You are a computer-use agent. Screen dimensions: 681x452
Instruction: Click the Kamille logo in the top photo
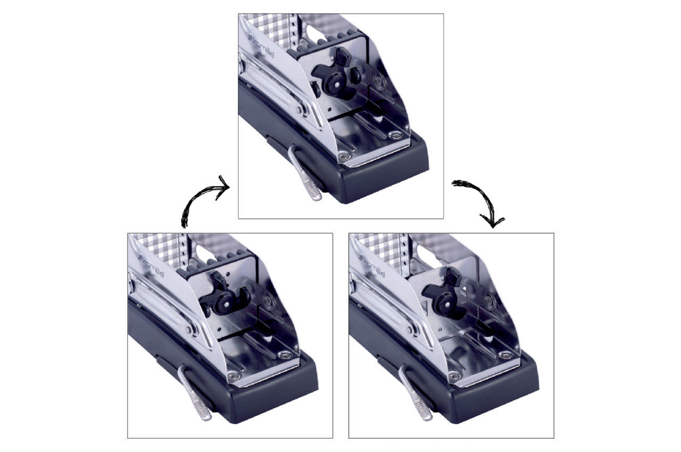[261, 47]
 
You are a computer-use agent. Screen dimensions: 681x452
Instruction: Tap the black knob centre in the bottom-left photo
[226, 304]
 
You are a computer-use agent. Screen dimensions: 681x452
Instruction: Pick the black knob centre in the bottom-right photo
[447, 304]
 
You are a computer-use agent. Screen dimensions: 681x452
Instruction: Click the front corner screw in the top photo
[344, 156]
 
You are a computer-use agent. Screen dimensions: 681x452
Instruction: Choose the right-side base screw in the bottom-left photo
[285, 355]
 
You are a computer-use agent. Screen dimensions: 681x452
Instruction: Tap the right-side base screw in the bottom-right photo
[505, 355]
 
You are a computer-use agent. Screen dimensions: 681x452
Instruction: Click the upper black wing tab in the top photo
[343, 56]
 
